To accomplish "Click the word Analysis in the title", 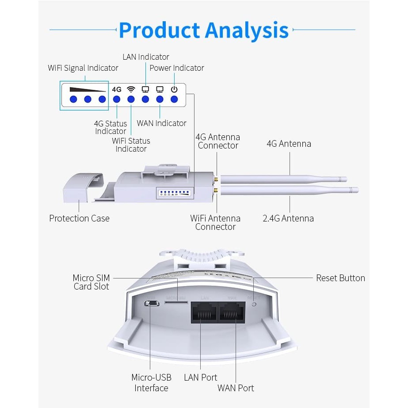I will pyautogui.click(x=247, y=30).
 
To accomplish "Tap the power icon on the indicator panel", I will pyautogui.click(x=174, y=89).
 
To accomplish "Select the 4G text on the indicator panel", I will pyautogui.click(x=117, y=89).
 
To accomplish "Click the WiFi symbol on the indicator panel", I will pyautogui.click(x=131, y=89).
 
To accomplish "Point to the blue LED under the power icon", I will pyautogui.click(x=174, y=99).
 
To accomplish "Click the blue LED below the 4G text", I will pyautogui.click(x=117, y=99).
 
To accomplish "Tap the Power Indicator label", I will pyautogui.click(x=177, y=68).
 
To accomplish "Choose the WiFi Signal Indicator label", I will pyautogui.click(x=83, y=68).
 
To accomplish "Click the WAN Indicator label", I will pyautogui.click(x=162, y=123).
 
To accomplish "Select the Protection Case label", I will pyautogui.click(x=79, y=218).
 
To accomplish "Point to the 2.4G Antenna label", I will pyautogui.click(x=288, y=218).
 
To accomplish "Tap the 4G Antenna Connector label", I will pyautogui.click(x=218, y=141).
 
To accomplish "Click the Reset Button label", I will pyautogui.click(x=340, y=278).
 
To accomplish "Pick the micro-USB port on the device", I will pyautogui.click(x=151, y=304).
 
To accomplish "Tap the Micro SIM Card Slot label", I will pyautogui.click(x=91, y=282).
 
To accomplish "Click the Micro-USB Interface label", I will pyautogui.click(x=151, y=383).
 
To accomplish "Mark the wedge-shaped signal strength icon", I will pyautogui.click(x=88, y=89).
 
